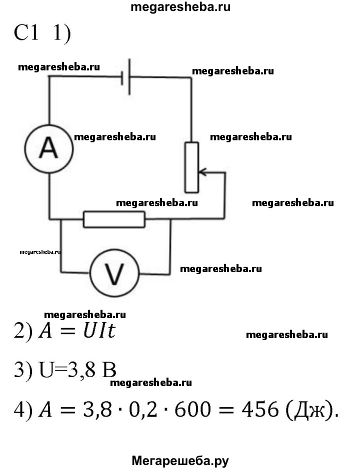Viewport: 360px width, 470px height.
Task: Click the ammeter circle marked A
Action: click(48, 148)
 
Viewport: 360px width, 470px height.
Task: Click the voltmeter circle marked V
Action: click(114, 272)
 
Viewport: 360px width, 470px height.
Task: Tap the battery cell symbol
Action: click(126, 76)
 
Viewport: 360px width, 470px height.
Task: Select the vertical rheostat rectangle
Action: click(191, 167)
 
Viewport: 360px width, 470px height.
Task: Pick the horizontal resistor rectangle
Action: click(114, 219)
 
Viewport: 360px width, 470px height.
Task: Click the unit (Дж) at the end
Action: click(305, 411)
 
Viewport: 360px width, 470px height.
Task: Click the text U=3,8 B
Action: click(77, 371)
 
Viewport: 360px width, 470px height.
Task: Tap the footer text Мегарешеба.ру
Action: click(180, 461)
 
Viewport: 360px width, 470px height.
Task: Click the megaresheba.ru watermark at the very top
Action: click(180, 7)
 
